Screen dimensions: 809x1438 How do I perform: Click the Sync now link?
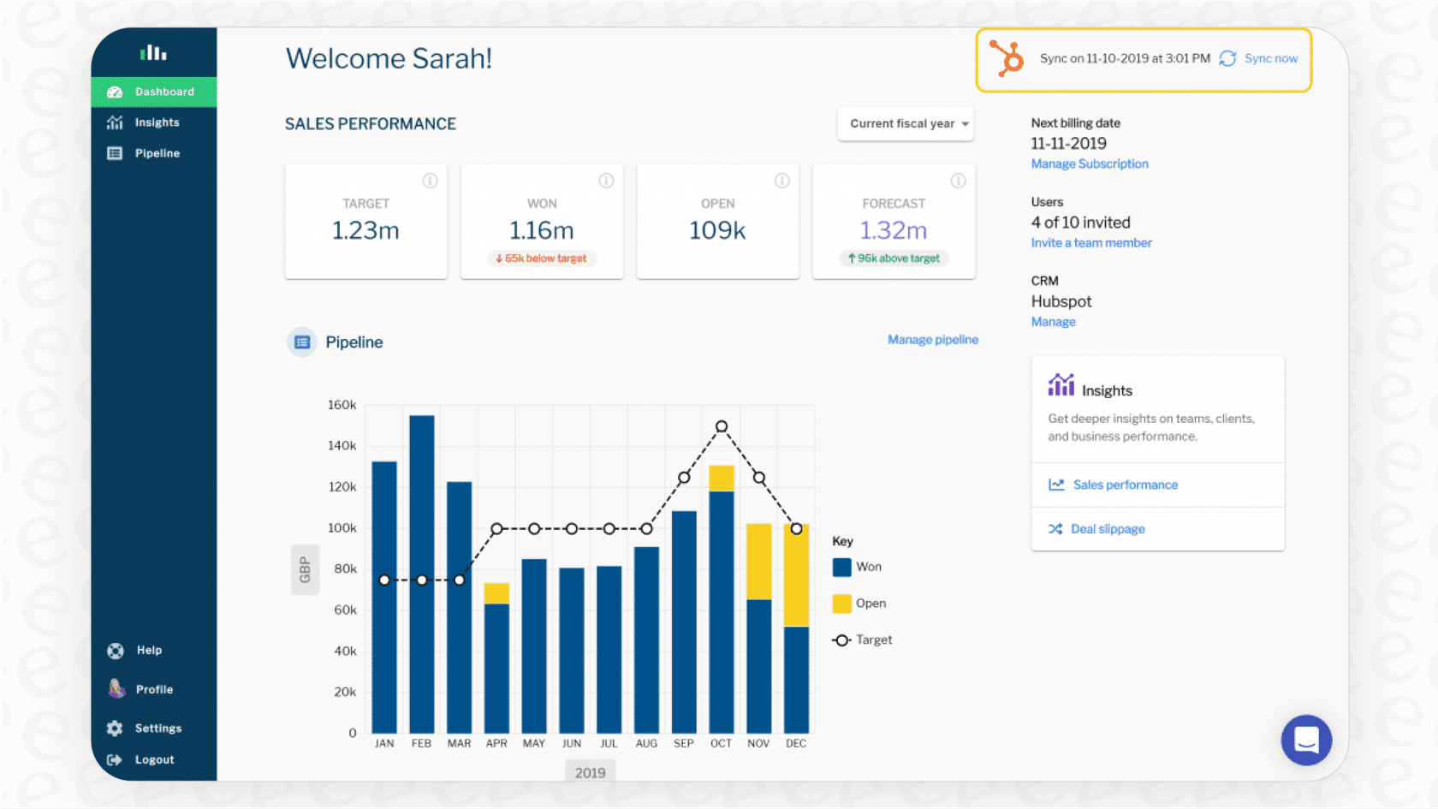pos(1270,58)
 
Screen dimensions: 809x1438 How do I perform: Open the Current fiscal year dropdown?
pos(906,123)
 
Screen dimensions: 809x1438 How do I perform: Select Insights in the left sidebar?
pos(157,122)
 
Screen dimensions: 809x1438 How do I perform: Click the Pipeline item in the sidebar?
pos(157,153)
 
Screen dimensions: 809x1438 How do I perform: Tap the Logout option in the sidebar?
pos(154,759)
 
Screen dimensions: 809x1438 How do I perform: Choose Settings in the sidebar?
pos(157,728)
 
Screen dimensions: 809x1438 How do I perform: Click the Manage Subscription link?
pos(1089,164)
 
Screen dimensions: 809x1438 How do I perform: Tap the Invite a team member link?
pos(1090,242)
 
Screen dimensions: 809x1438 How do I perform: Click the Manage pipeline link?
pos(932,340)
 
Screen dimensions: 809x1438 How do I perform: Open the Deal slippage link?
pos(1107,529)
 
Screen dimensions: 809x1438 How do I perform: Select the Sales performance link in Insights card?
pos(1125,485)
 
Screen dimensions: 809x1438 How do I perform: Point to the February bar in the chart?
pos(422,574)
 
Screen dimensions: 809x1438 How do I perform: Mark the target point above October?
pos(722,426)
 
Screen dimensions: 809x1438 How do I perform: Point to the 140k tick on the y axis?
pos(342,445)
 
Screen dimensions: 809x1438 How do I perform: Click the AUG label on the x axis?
pos(646,743)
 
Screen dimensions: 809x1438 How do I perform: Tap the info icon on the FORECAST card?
pos(958,181)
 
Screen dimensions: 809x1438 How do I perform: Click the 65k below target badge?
pos(542,258)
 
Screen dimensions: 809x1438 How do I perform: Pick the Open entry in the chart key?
pos(859,604)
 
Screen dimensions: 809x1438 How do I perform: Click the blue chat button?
pos(1306,740)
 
